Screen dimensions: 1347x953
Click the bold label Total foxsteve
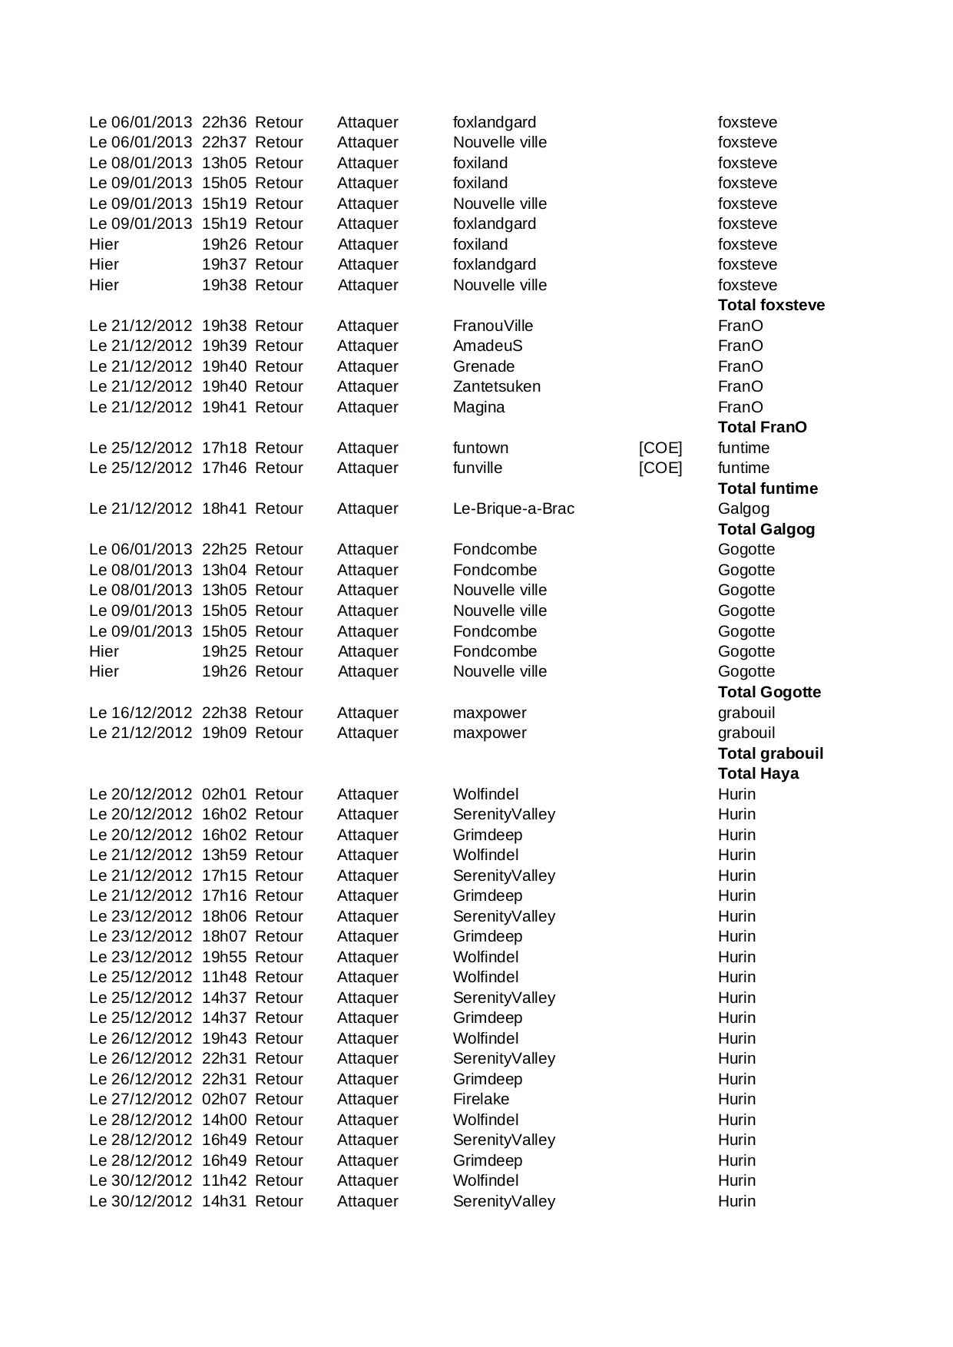(771, 305)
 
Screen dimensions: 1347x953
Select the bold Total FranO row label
(762, 427)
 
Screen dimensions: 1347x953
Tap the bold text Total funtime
(767, 488)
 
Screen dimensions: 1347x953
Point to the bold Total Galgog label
(766, 529)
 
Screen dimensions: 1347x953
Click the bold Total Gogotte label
(769, 692)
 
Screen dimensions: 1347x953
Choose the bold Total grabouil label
(770, 753)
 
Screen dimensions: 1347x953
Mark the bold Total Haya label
(758, 773)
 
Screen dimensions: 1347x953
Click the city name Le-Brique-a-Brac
(513, 508)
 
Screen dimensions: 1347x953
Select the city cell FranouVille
(492, 326)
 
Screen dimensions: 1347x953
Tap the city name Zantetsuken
(496, 386)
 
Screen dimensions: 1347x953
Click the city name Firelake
(481, 1099)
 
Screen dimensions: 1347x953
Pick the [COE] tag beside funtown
(660, 448)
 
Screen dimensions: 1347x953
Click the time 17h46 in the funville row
(223, 468)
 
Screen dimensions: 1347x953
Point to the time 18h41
(223, 508)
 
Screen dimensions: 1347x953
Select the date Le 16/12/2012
(141, 713)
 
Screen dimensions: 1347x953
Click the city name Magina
(478, 407)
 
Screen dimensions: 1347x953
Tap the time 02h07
(223, 1099)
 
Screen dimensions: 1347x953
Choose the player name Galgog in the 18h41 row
(743, 508)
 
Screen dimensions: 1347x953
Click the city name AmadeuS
(487, 346)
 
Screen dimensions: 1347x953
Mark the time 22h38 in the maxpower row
(223, 713)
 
